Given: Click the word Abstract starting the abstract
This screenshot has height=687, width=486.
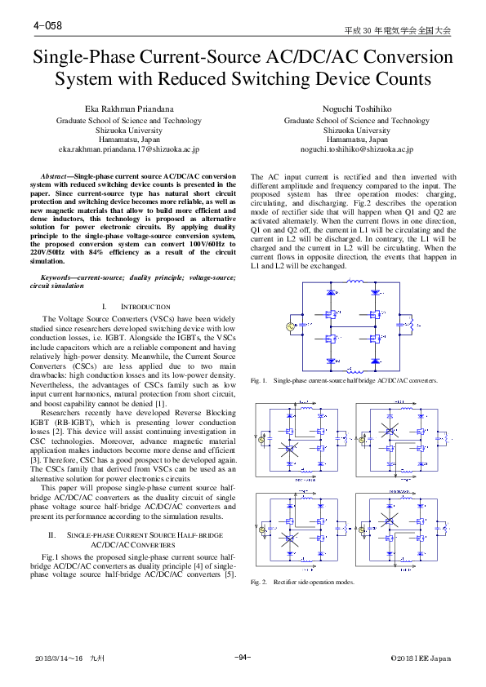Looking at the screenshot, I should (56, 176).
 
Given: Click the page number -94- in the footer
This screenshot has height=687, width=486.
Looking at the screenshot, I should (242, 658).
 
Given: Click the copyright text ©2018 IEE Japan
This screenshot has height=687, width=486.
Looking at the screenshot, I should (420, 658).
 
